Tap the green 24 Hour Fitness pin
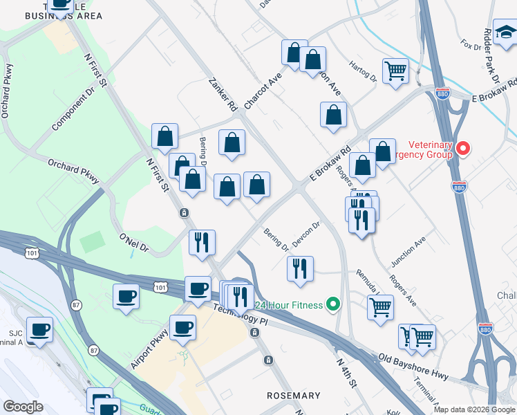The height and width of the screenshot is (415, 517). [333, 304]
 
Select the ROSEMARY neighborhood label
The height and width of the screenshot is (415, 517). [294, 395]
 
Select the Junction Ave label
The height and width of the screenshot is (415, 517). [408, 253]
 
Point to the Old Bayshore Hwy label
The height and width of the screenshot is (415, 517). [414, 367]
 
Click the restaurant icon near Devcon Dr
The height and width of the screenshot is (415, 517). [300, 268]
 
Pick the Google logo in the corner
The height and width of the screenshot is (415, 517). [23, 406]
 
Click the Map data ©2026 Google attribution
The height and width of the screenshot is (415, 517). [474, 409]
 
